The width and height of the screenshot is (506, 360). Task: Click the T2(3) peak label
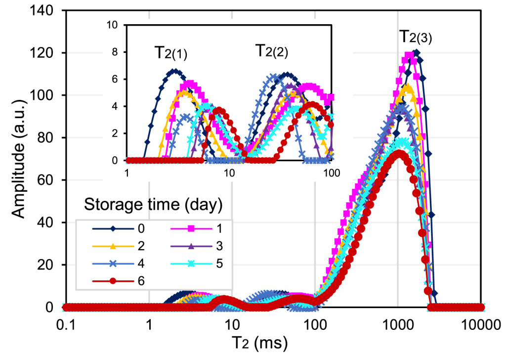pos(416,38)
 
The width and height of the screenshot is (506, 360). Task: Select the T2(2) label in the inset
pos(271,51)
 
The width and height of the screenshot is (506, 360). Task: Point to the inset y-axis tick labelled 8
pos(118,52)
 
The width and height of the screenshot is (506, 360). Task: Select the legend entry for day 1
pos(203,229)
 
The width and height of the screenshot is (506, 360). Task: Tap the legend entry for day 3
pos(203,246)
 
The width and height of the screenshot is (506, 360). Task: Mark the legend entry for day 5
pos(203,264)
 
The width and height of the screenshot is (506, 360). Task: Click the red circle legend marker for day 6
pos(113,281)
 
